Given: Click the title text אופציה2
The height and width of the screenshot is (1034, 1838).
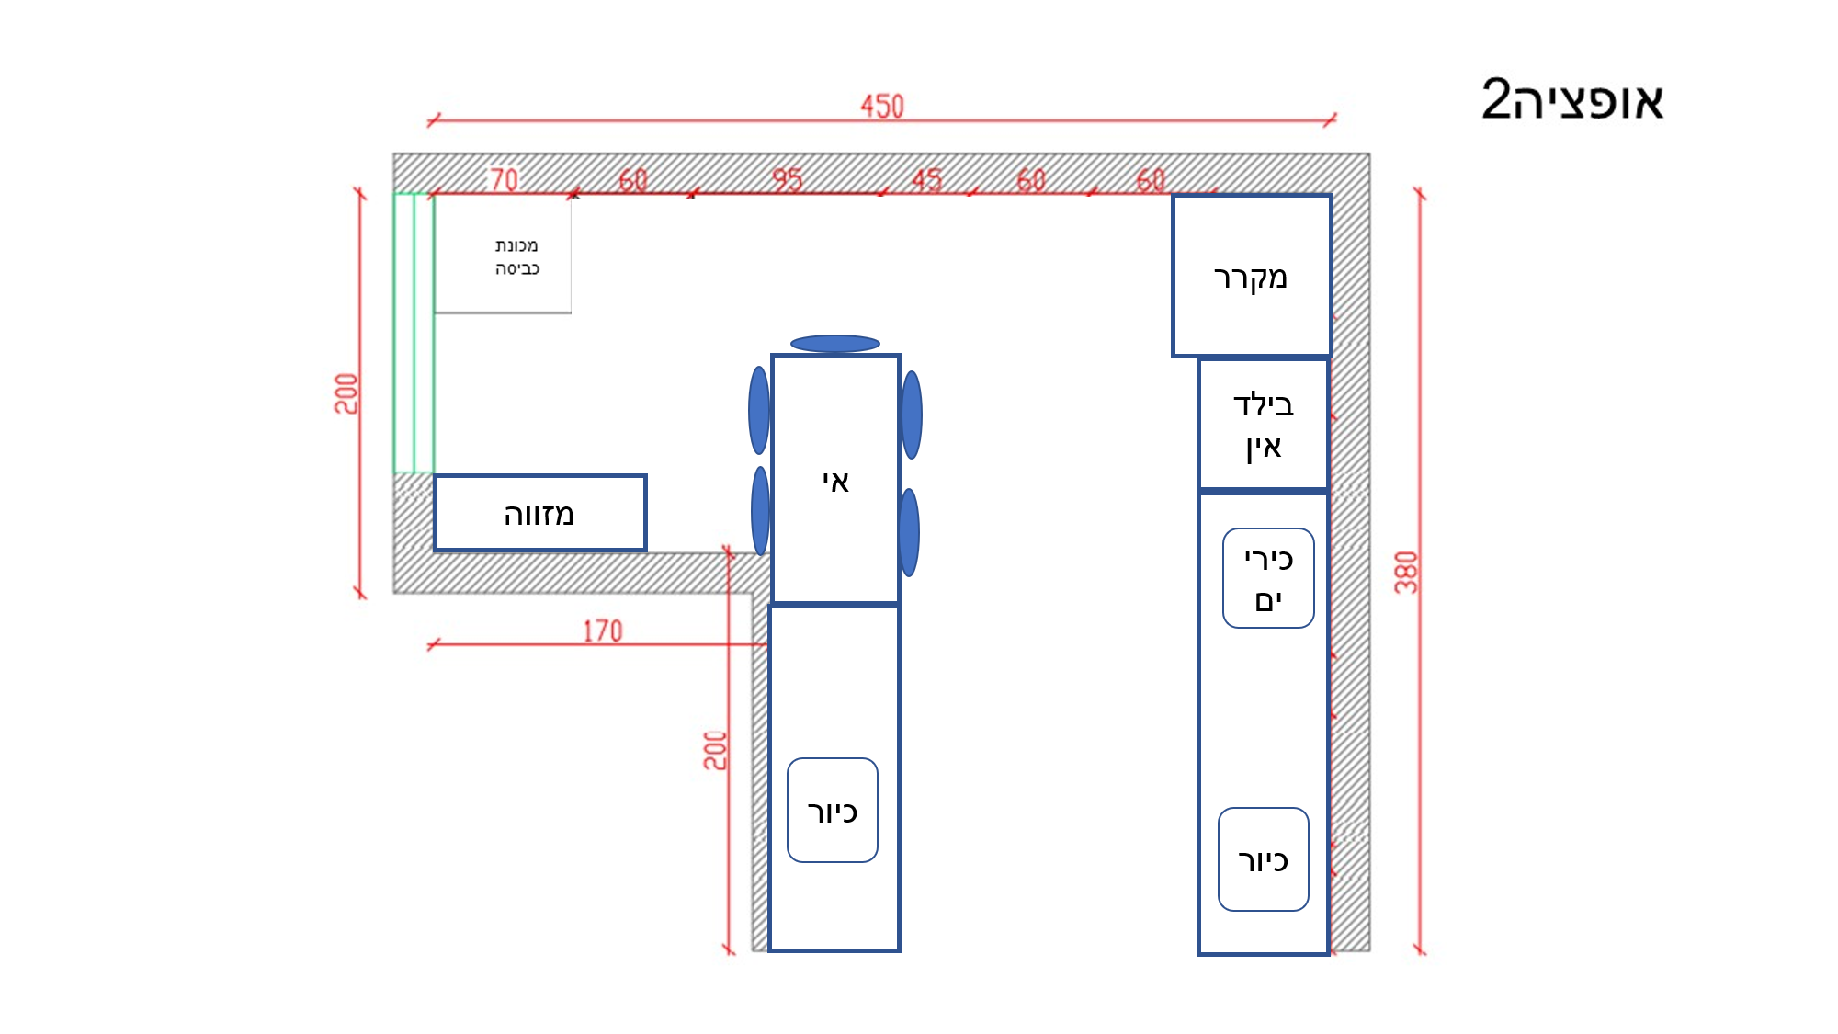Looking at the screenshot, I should click(1572, 99).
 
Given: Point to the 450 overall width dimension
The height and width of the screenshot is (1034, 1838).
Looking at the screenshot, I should click(881, 106).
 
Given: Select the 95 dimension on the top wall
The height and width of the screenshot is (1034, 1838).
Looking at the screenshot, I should click(787, 179).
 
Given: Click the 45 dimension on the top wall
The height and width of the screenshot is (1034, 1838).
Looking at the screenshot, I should click(926, 179).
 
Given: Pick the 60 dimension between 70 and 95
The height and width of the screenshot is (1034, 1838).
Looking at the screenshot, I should click(632, 179).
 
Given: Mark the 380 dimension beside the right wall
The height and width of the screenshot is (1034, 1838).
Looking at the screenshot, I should click(1406, 572).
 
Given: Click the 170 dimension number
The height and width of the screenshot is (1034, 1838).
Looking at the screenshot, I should click(603, 631).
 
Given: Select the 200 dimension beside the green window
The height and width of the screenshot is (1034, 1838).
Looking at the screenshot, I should click(346, 393).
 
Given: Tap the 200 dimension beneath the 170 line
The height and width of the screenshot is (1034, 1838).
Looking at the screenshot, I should click(715, 750).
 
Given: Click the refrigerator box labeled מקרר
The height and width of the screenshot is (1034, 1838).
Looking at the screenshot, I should click(1251, 276).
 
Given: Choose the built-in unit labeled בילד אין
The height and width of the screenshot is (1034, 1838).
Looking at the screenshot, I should click(1263, 425).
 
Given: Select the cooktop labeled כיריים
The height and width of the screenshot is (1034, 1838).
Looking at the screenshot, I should click(1268, 578).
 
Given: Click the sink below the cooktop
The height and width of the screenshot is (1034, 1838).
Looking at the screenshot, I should click(1263, 859).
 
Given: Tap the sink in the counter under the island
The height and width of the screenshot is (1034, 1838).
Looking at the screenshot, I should click(832, 811).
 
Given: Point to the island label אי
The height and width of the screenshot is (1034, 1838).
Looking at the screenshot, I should click(835, 480).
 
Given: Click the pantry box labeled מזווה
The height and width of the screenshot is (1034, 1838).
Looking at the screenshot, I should click(539, 513).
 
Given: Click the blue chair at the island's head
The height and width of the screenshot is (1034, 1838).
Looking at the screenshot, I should click(834, 344).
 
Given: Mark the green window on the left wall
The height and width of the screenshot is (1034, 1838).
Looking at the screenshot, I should click(414, 333).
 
